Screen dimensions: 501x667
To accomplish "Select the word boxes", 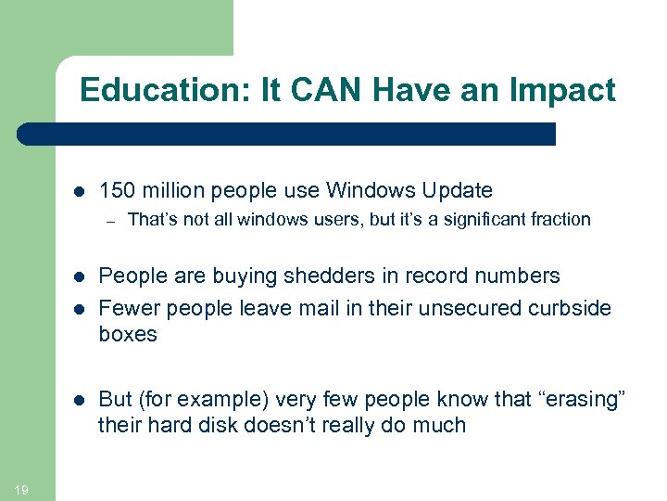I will [128, 334].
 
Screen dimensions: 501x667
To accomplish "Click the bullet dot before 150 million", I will [79, 192].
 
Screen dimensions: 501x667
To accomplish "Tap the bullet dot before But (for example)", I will [79, 400].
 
